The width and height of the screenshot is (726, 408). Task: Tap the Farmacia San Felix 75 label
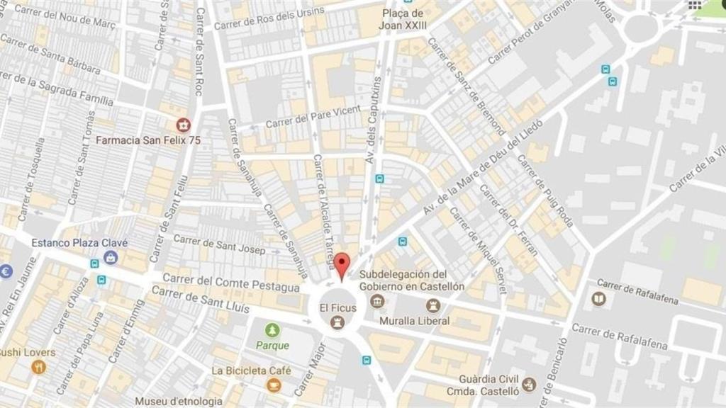click(148, 140)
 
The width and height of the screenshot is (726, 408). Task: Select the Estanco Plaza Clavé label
click(79, 242)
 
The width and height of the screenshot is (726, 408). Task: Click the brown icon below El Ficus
click(337, 323)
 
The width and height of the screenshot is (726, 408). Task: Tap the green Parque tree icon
click(272, 330)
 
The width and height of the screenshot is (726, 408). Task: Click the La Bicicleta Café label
click(251, 370)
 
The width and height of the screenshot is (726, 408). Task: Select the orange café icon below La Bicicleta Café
click(273, 385)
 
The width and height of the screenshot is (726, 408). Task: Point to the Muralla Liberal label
click(414, 321)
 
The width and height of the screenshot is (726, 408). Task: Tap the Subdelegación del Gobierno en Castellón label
click(412, 280)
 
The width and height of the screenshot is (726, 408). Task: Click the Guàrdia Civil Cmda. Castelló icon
click(528, 385)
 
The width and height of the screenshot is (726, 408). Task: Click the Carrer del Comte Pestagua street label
click(231, 283)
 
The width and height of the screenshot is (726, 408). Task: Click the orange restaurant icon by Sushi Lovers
click(38, 367)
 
